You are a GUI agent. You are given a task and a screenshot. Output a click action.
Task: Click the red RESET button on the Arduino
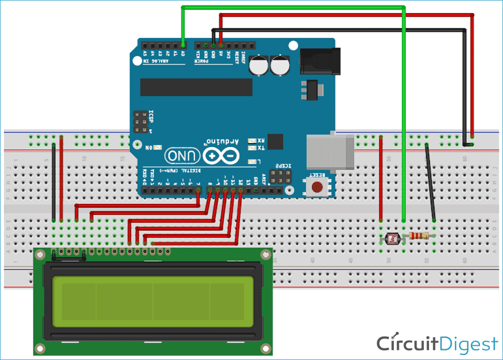(317, 187)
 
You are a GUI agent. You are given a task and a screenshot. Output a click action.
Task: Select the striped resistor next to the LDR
(419, 236)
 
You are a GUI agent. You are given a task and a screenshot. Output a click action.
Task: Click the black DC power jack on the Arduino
(320, 59)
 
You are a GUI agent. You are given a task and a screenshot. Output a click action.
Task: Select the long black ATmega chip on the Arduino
(196, 87)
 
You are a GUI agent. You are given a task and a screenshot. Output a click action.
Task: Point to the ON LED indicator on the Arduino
(157, 148)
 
